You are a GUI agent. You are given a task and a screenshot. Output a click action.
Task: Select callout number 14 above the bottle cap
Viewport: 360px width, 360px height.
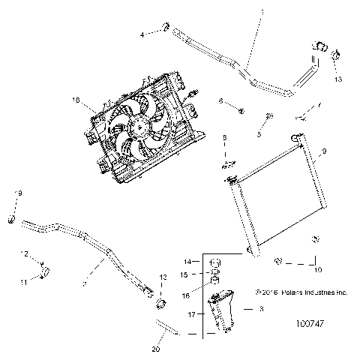point(190,261)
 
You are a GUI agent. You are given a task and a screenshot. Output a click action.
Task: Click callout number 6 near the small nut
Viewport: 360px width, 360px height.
point(220,100)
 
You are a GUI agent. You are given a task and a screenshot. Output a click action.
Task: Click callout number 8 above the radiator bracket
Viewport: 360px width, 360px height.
point(223,138)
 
